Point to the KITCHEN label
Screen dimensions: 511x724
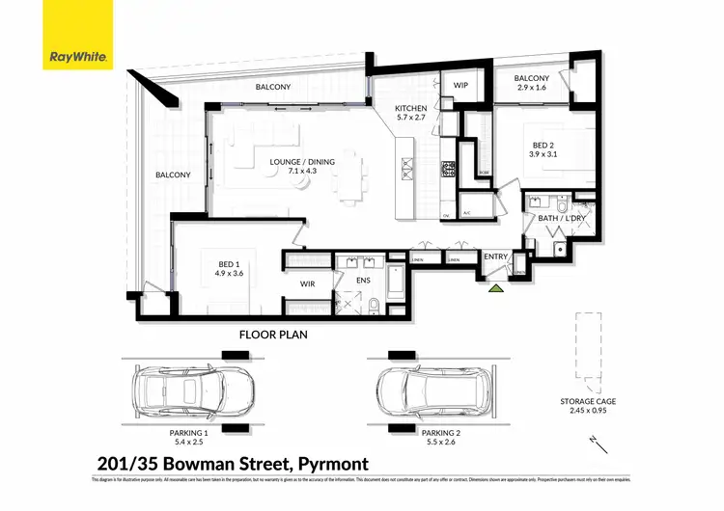click(417, 108)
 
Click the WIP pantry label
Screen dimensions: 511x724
click(461, 86)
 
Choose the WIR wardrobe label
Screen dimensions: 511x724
click(308, 283)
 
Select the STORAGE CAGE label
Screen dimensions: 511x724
click(588, 401)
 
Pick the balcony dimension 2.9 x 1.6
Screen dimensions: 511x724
click(532, 88)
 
